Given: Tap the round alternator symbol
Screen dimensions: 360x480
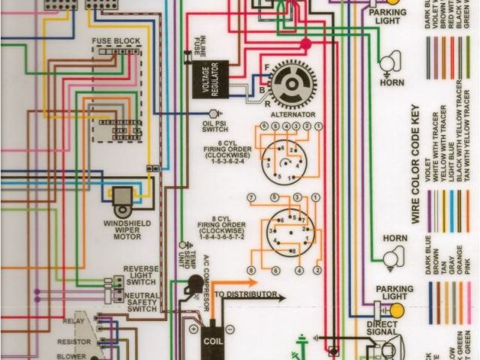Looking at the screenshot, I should click(x=292, y=84).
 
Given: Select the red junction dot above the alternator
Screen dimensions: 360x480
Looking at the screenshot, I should click(x=305, y=45).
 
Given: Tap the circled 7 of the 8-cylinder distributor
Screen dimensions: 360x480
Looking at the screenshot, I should click(x=251, y=198).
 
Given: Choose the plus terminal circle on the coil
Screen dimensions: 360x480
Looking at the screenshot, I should click(x=193, y=328).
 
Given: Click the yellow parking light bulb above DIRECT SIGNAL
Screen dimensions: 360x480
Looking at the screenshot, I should click(x=396, y=309).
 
